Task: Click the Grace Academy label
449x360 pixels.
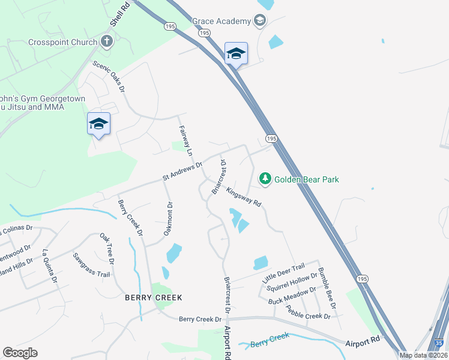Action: point(221,22)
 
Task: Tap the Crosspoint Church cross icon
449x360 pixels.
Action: point(106,41)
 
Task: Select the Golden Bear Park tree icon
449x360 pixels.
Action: point(265,178)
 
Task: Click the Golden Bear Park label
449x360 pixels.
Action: point(306,179)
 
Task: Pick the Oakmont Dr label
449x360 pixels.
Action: point(169,218)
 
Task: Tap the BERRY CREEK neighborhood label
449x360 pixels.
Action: point(153,298)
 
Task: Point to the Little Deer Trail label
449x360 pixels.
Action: point(283,273)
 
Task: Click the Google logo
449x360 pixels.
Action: point(20,352)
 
